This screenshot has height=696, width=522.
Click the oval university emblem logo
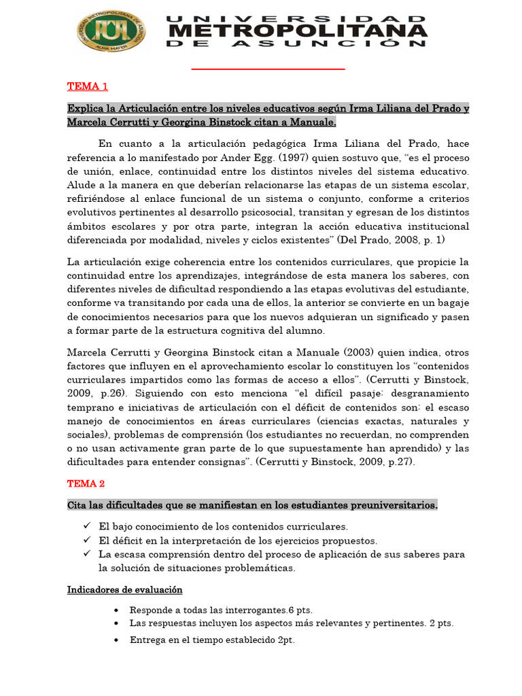(x=111, y=31)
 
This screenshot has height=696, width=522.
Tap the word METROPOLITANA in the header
(x=298, y=31)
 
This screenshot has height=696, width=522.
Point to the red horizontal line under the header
(x=268, y=69)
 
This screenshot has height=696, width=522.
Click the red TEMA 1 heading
(x=88, y=86)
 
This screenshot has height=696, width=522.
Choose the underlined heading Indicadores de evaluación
(x=125, y=589)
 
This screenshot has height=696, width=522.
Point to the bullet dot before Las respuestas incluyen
(x=118, y=623)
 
